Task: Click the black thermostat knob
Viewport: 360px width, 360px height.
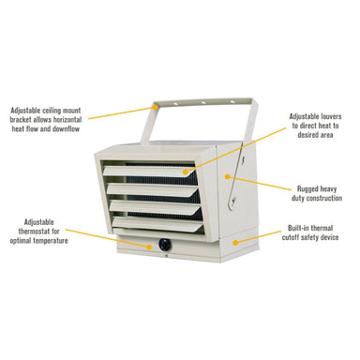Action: pyautogui.click(x=165, y=245)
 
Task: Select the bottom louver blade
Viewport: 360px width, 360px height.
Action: pyautogui.click(x=157, y=224)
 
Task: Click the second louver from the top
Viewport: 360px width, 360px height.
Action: pyautogui.click(x=153, y=188)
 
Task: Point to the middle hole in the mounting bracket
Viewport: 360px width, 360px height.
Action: pyautogui.click(x=203, y=102)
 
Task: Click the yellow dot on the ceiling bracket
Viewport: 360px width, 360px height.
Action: pyautogui.click(x=156, y=107)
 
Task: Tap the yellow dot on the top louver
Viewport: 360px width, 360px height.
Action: pyautogui.click(x=186, y=172)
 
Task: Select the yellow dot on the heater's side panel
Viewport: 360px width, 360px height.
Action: pyautogui.click(x=227, y=176)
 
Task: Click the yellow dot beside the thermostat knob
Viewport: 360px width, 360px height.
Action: pyautogui.click(x=149, y=247)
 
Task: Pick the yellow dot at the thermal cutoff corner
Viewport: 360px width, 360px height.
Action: pyautogui.click(x=235, y=242)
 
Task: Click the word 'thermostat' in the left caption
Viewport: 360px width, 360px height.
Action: pyautogui.click(x=34, y=232)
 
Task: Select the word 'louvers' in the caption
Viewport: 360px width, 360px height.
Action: pyautogui.click(x=330, y=116)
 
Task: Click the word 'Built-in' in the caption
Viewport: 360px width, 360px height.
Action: pyautogui.click(x=299, y=228)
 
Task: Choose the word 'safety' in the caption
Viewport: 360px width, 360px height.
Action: pyautogui.click(x=313, y=237)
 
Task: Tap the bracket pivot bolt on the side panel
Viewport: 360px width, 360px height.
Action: pyautogui.click(x=233, y=199)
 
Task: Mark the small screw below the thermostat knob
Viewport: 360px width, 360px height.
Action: pyautogui.click(x=165, y=256)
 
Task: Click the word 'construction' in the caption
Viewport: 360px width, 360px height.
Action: pyautogui.click(x=324, y=198)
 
